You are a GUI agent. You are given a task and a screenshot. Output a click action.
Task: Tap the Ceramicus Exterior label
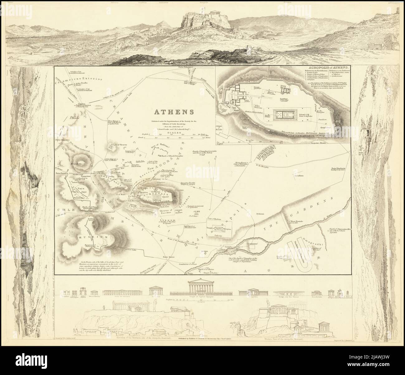click(x=72, y=83)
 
